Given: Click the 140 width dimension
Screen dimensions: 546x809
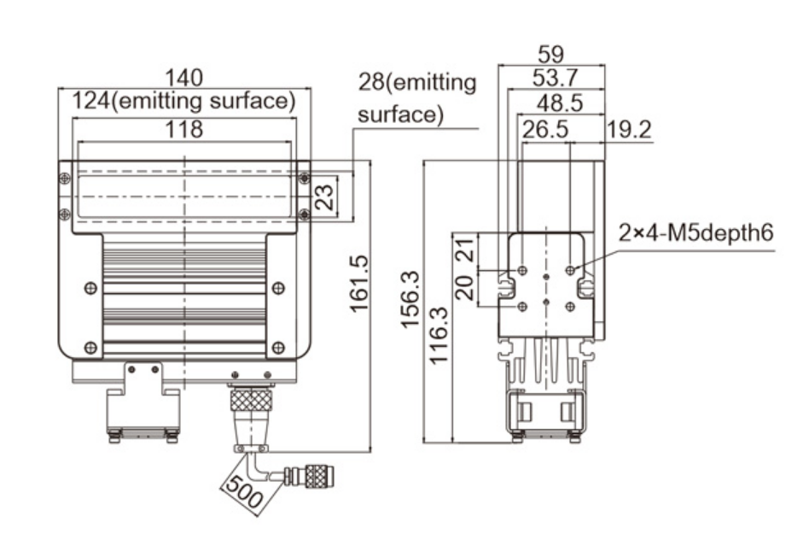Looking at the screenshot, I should [184, 78].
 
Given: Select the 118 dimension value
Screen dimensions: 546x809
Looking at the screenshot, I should [184, 130].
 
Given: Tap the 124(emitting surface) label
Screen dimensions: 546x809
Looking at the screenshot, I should [184, 102].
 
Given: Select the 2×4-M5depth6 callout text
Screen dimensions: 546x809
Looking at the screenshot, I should [697, 232].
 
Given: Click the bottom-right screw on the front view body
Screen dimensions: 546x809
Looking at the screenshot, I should [277, 347].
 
